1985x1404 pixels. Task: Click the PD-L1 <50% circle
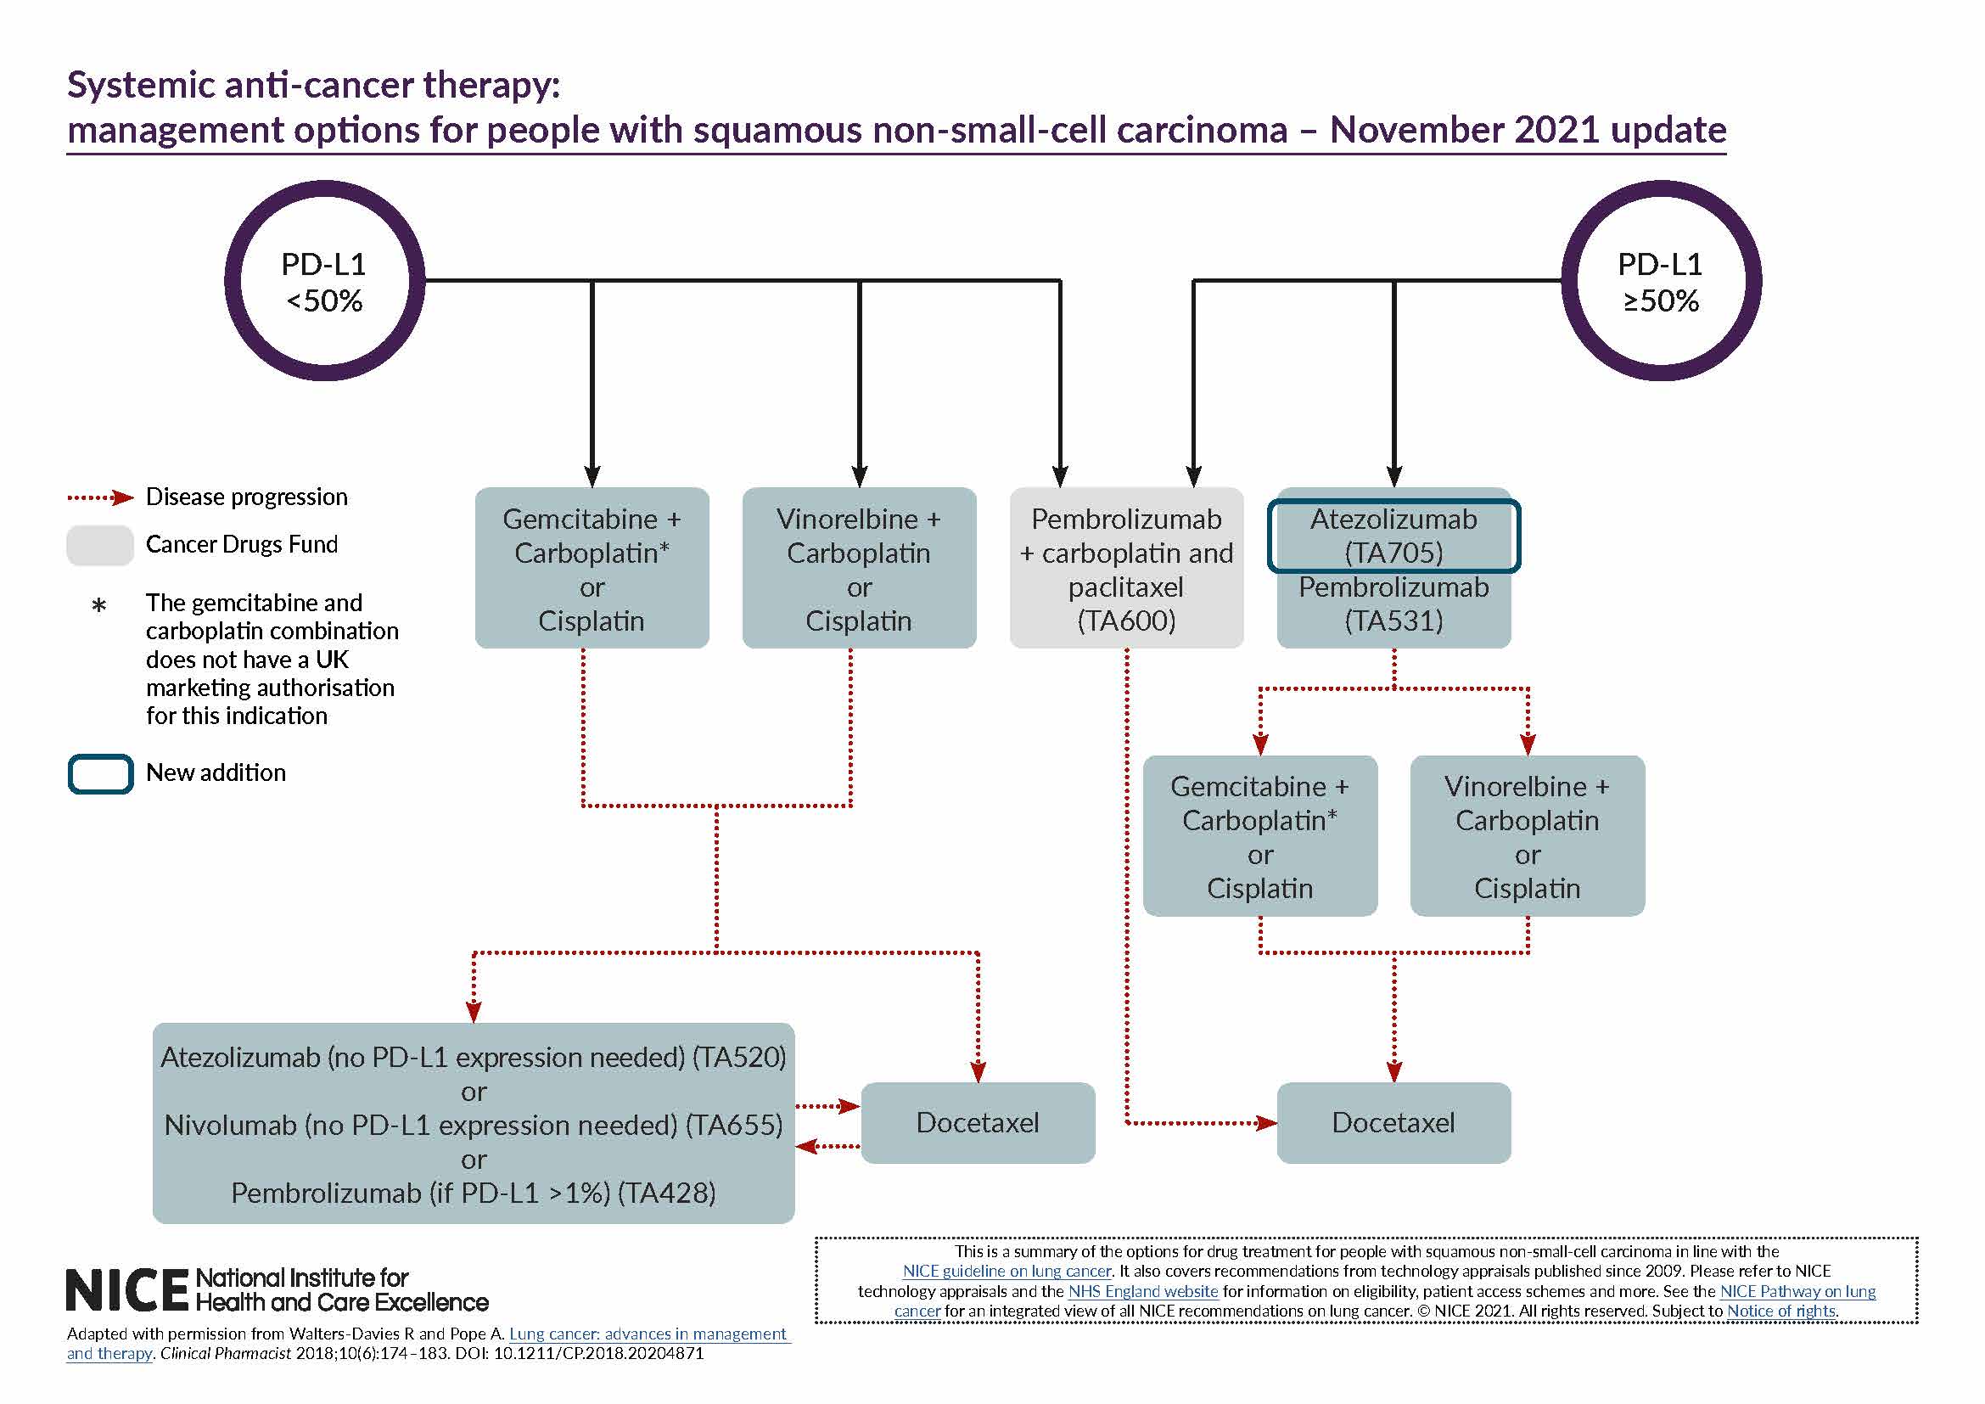pyautogui.click(x=324, y=281)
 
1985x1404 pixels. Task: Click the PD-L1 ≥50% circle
pyautogui.click(x=1661, y=281)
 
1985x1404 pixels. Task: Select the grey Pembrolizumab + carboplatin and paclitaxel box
pyautogui.click(x=1125, y=568)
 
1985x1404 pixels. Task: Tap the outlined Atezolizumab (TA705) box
pyautogui.click(x=1393, y=535)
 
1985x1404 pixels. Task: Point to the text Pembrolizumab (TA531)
pyautogui.click(x=1393, y=604)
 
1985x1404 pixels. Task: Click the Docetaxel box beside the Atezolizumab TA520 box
pyautogui.click(x=977, y=1122)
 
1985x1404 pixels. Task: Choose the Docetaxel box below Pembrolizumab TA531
pyautogui.click(x=1393, y=1122)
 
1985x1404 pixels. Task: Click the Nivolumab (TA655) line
pyautogui.click(x=473, y=1125)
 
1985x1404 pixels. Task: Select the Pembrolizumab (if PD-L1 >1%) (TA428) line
pyautogui.click(x=473, y=1193)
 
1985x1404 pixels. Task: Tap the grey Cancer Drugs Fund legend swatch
pyautogui.click(x=99, y=545)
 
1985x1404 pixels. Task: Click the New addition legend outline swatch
pyautogui.click(x=99, y=773)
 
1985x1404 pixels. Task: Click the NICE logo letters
pyautogui.click(x=126, y=1290)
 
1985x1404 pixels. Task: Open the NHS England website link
pyautogui.click(x=1142, y=1291)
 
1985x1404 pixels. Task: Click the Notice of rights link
pyautogui.click(x=1781, y=1311)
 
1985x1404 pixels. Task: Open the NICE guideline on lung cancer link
pyautogui.click(x=1007, y=1271)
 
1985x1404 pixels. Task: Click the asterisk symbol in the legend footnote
pyautogui.click(x=98, y=605)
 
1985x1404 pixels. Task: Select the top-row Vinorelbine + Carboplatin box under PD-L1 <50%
pyautogui.click(x=859, y=568)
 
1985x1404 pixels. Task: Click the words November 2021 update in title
pyautogui.click(x=1527, y=130)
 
